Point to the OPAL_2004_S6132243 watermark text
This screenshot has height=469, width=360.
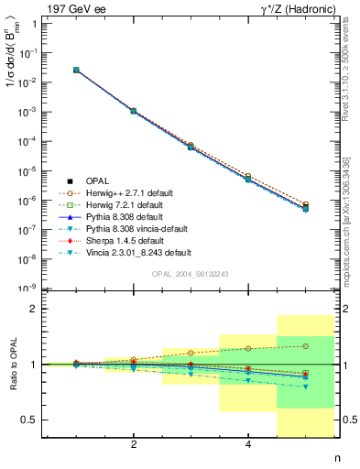188,274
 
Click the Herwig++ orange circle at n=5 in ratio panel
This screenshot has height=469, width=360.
306,346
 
